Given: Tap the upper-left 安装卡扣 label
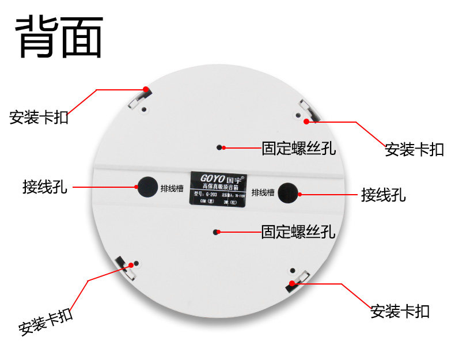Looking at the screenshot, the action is point(39,118).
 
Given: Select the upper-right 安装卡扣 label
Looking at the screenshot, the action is point(414,150).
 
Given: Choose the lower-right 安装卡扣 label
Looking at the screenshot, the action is point(400,312).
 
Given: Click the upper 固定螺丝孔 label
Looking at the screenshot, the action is point(298,149).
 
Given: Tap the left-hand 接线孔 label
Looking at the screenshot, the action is point(44,187).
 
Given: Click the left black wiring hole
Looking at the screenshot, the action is point(146,185).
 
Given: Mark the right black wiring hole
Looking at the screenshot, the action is point(288,193).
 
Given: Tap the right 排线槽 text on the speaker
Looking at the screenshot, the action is point(263,192).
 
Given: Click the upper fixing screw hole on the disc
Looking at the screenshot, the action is point(219,147).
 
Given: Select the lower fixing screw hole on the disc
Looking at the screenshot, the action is point(216,232).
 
